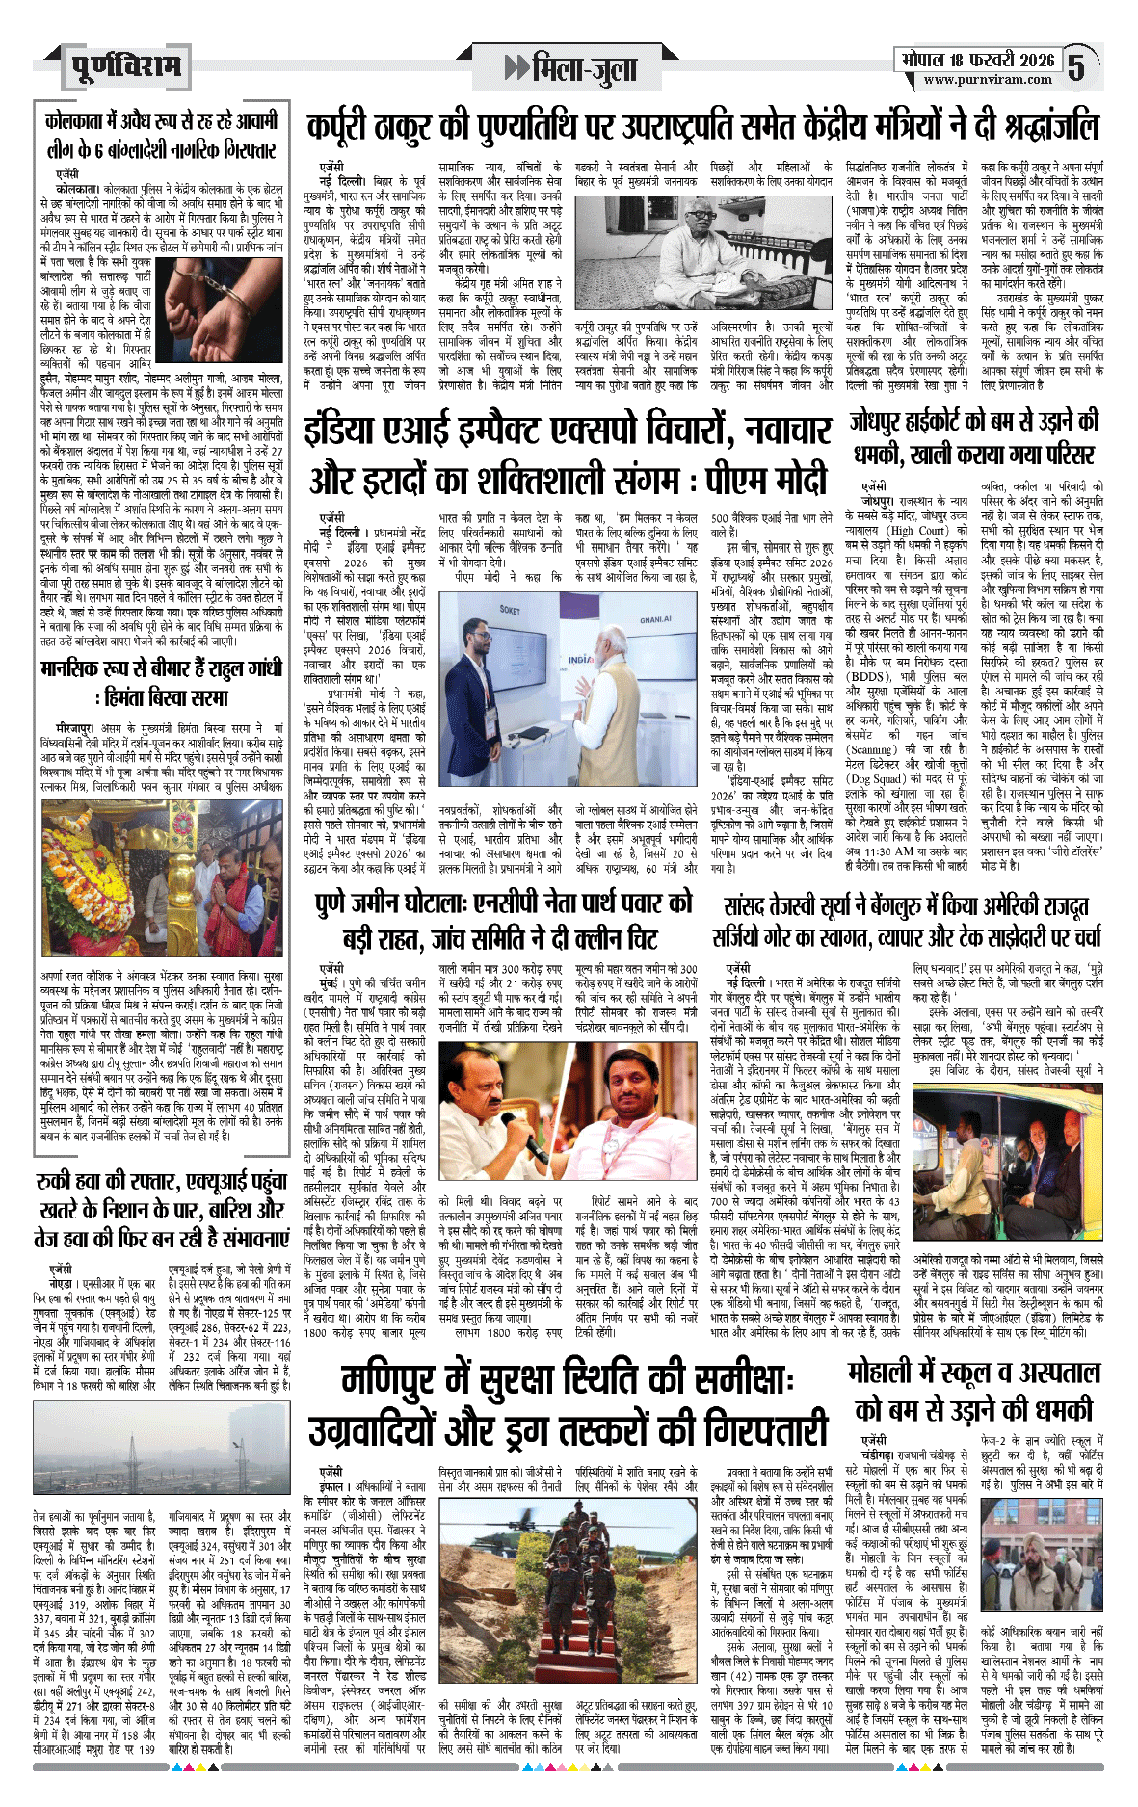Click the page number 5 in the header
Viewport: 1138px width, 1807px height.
1076,66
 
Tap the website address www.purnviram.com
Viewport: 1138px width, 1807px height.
988,80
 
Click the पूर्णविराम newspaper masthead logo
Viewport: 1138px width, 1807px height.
125,66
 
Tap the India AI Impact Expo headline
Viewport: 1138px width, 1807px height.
569,452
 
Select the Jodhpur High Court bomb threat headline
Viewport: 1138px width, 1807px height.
974,436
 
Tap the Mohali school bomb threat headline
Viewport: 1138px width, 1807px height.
974,1390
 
